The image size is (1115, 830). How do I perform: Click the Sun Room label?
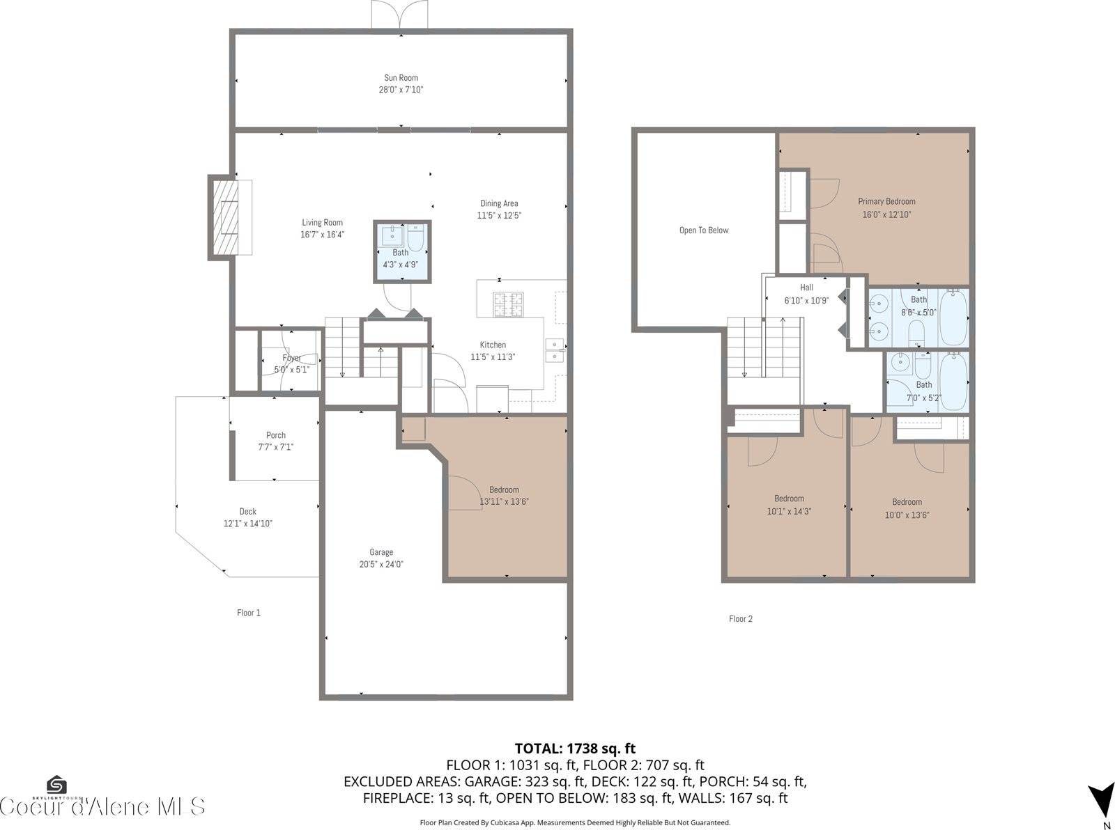[401, 78]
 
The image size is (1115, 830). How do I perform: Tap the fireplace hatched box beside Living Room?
[224, 217]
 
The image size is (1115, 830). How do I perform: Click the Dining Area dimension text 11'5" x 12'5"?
[499, 216]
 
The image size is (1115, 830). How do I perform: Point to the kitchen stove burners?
[509, 304]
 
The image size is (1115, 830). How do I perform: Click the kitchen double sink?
[555, 350]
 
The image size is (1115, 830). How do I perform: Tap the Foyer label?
[291, 358]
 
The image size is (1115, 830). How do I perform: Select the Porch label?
[276, 435]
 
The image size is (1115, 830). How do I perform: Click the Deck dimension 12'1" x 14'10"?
[248, 524]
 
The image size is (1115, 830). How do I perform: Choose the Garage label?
[381, 552]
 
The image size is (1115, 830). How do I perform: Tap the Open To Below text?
[704, 230]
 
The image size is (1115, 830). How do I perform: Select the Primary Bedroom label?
[886, 202]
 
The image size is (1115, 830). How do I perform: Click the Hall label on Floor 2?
[806, 287]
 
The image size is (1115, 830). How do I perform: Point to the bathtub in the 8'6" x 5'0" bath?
[953, 318]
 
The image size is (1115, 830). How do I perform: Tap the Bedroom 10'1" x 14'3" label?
[789, 499]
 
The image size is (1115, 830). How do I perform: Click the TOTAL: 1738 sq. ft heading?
[575, 749]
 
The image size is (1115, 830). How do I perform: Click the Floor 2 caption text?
[740, 618]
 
